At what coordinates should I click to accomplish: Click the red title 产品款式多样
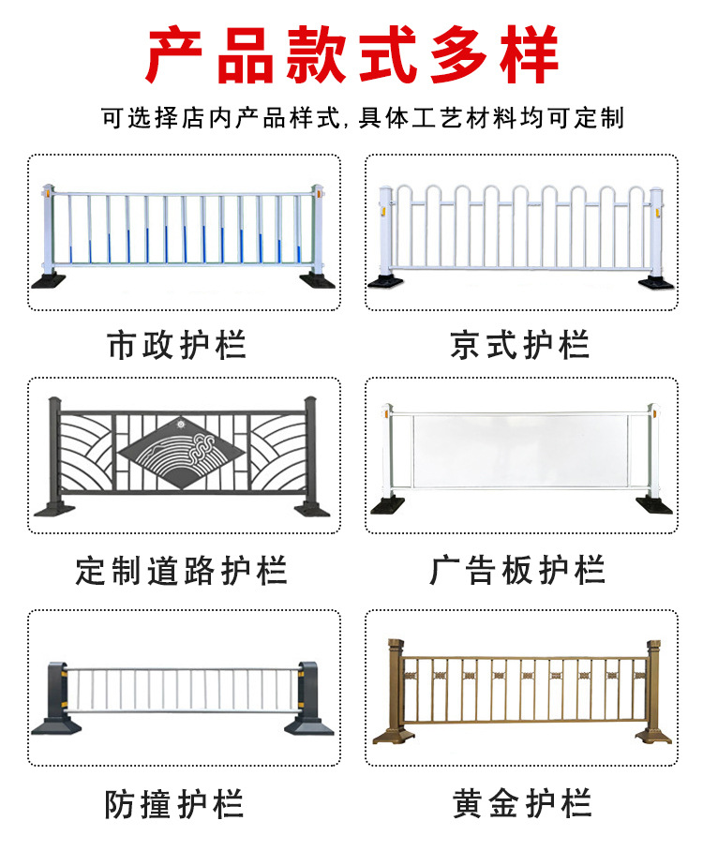(x=351, y=53)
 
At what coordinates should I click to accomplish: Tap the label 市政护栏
(x=177, y=345)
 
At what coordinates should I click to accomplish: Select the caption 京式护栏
(x=520, y=345)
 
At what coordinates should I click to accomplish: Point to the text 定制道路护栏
(x=182, y=570)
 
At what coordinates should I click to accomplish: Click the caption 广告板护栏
(x=518, y=570)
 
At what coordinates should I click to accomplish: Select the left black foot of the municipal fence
(x=49, y=279)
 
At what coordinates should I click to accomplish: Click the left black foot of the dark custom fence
(x=54, y=509)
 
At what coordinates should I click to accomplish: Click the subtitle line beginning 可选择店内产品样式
(x=363, y=119)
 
